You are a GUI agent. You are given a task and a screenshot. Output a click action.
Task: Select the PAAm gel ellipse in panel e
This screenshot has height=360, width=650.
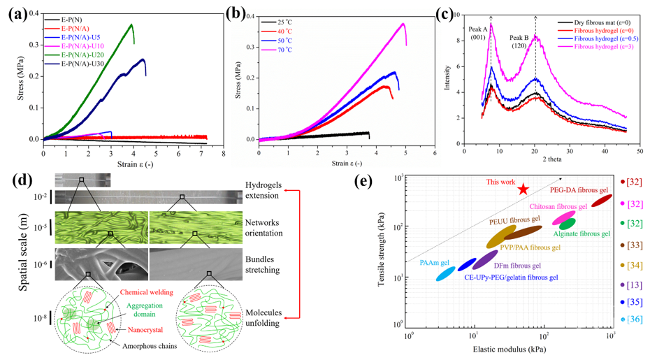[446, 273]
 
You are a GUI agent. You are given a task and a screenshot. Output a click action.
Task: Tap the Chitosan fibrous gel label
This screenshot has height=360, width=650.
[559, 207]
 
